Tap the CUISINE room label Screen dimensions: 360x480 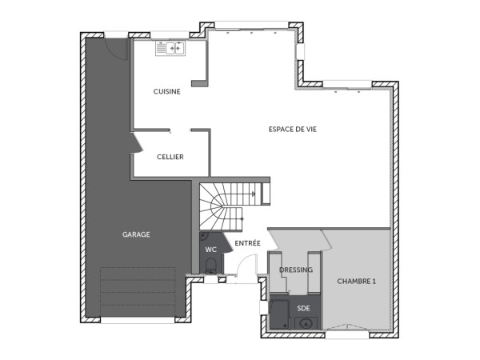click(167, 91)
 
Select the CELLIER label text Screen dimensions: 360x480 click(170, 157)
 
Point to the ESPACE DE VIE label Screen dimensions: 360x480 click(292, 130)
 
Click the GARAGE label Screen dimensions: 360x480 click(136, 234)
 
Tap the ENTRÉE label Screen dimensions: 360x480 click(247, 242)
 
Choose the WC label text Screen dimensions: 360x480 click(211, 250)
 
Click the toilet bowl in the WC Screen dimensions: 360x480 click(211, 266)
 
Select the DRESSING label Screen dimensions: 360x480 click(296, 270)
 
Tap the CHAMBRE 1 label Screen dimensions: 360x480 click(356, 281)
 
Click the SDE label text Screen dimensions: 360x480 click(303, 307)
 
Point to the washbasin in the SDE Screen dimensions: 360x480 click(306, 323)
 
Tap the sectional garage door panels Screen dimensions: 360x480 click(138, 293)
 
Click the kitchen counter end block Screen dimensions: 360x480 click(200, 82)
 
